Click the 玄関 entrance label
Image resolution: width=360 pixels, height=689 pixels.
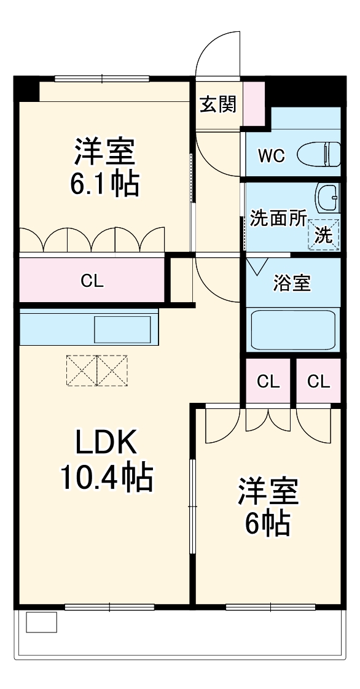coord(217,104)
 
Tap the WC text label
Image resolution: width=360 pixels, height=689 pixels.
coord(271,156)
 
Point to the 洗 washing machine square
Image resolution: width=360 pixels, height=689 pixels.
coord(324,234)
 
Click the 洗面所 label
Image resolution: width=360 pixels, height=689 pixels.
coord(278,219)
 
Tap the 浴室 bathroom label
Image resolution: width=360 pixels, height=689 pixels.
coord(292,284)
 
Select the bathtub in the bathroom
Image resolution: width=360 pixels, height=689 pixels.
coord(293,330)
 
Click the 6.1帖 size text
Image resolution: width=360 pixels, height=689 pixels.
coord(104,184)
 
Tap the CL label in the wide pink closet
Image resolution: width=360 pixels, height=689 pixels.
coord(92,281)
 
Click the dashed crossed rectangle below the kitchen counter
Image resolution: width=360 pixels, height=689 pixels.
coord(97,370)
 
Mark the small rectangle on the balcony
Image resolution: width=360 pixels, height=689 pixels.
coord(41,622)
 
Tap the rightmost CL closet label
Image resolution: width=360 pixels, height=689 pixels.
coord(318,382)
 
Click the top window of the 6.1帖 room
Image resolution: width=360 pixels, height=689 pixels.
coord(102,79)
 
